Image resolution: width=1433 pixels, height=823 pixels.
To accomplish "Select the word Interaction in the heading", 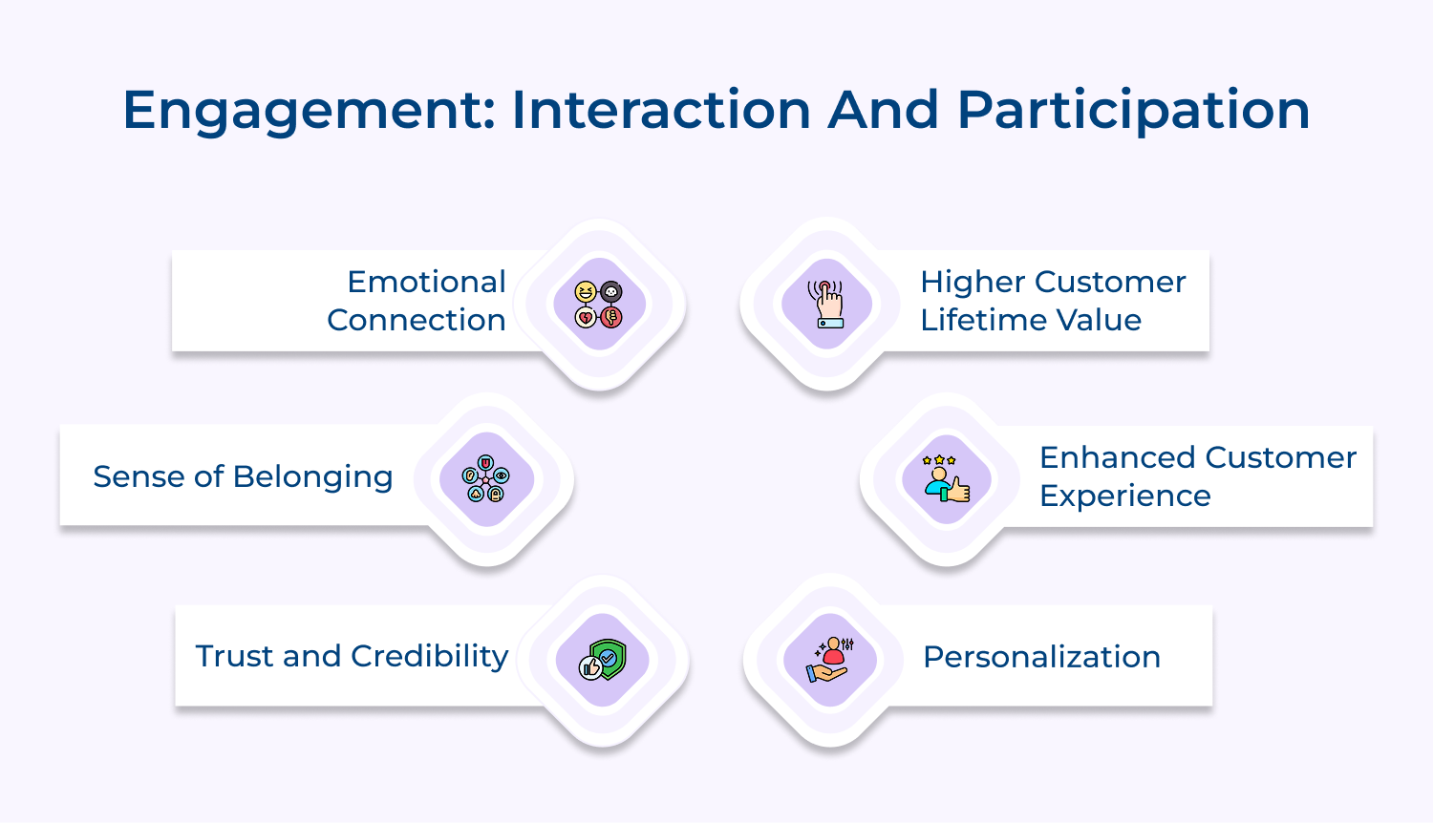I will coord(661,109).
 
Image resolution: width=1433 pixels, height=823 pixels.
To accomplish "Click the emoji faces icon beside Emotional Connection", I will coord(599,305).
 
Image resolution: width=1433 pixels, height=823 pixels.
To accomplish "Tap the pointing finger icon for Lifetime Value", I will coord(827,305).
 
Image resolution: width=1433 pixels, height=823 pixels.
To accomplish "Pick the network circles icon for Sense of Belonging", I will coord(485,478).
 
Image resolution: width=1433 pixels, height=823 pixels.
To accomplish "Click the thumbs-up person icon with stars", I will coord(947,478).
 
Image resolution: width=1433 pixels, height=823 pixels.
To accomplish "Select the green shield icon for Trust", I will coord(603,660).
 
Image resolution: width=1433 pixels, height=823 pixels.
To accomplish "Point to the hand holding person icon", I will coord(829,660).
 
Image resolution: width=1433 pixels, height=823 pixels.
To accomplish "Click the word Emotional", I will coord(426,282).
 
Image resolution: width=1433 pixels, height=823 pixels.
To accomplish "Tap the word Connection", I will coord(416,320).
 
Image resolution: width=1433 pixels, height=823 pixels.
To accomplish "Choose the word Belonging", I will coord(312,476).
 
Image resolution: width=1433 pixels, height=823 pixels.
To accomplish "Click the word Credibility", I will coord(429,656).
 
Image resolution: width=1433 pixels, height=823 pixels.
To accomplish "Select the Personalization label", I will coord(1041,657).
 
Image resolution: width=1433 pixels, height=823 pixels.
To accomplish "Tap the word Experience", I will coord(1124,496).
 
